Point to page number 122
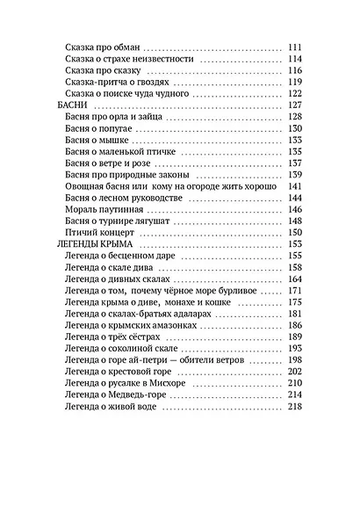[294, 93]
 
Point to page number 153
[294, 244]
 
